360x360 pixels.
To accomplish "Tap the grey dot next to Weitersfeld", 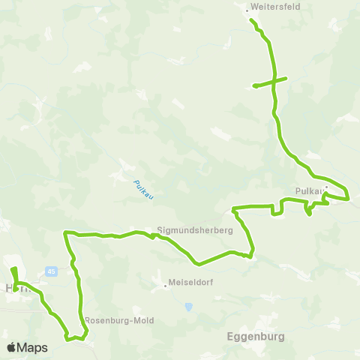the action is click(247, 10).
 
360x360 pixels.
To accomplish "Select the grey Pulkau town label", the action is click(310, 191).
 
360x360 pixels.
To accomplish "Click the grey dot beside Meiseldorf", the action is click(165, 285).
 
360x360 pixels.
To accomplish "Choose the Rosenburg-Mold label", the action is click(119, 320).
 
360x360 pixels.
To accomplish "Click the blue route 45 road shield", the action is click(50, 271).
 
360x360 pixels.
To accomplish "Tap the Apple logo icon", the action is click(12, 347).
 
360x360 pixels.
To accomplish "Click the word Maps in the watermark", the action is click(33, 347).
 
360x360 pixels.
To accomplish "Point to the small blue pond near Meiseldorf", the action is click(188, 306).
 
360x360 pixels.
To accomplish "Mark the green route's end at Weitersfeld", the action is click(250, 19).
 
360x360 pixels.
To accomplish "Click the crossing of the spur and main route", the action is click(274, 81).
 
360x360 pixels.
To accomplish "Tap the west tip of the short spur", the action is click(255, 85).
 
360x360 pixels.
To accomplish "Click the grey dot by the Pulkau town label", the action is click(326, 188).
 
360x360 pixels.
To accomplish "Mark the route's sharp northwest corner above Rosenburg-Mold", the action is click(67, 233).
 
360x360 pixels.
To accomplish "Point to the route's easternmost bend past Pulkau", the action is click(349, 198).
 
